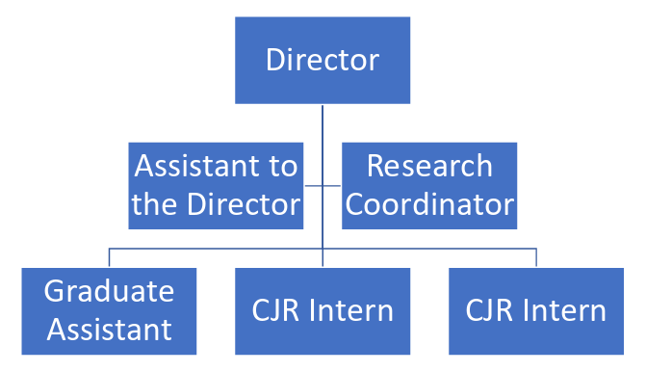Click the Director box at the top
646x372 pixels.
(x=323, y=60)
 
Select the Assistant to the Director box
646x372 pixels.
(x=216, y=185)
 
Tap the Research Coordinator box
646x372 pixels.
(x=429, y=185)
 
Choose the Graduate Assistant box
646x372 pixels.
(x=109, y=310)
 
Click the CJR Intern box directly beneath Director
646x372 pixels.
(x=323, y=310)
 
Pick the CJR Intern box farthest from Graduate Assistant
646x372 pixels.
(x=535, y=310)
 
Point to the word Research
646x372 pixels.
(x=429, y=166)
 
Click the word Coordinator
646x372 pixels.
(x=429, y=204)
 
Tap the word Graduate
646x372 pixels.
(x=109, y=291)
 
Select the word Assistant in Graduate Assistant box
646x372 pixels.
(x=109, y=330)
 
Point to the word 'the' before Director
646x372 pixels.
(x=153, y=204)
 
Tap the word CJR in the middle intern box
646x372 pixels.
(x=279, y=311)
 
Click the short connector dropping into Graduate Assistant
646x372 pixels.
(x=109, y=257)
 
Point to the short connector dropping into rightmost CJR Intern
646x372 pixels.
(x=536, y=257)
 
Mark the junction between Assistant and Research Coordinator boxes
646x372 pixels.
(x=323, y=185)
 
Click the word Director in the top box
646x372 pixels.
(x=323, y=60)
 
